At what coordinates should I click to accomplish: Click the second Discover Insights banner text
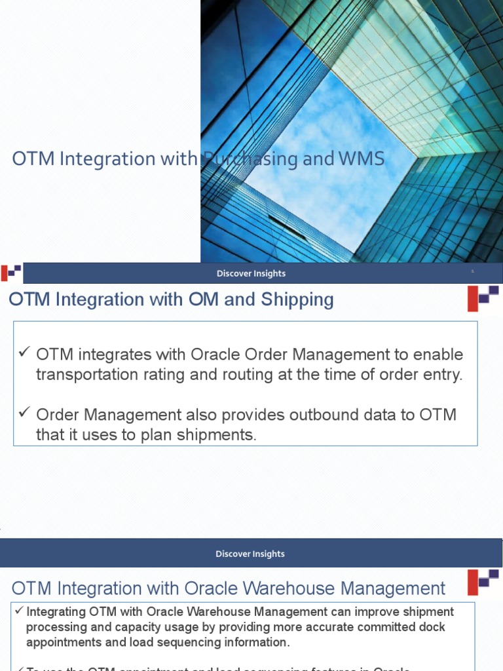coord(250,554)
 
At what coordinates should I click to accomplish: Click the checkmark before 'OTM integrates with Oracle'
coord(25,354)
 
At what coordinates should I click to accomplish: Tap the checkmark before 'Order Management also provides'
coord(25,413)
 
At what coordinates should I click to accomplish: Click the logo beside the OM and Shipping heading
coord(483,298)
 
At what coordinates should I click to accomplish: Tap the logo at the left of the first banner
coord(11,273)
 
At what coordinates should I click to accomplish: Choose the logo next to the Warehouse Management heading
coord(483,581)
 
